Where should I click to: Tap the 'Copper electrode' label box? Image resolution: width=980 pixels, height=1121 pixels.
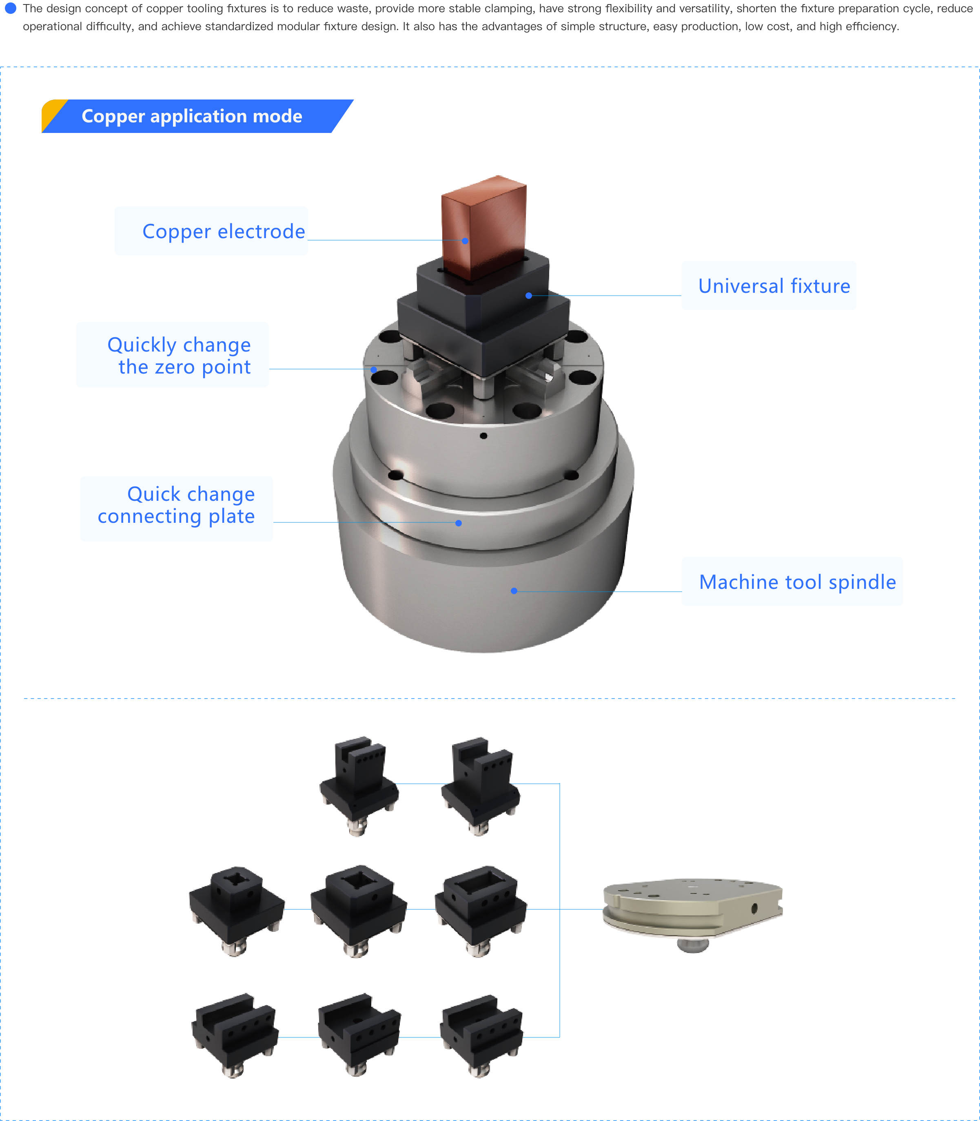211,231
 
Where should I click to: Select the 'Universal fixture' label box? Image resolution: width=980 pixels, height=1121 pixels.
768,285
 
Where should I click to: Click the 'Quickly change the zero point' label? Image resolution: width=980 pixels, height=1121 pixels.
172,355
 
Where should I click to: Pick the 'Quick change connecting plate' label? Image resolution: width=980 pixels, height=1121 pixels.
176,508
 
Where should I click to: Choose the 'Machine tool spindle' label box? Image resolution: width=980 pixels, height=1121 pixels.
792,581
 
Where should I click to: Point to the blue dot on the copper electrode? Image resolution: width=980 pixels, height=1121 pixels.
465,241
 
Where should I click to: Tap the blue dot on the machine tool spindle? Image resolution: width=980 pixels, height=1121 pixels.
514,591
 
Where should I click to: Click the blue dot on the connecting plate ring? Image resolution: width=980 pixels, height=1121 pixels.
458,523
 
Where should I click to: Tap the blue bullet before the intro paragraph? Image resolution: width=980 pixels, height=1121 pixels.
10,8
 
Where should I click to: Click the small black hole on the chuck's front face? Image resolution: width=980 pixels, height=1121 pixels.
483,436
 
